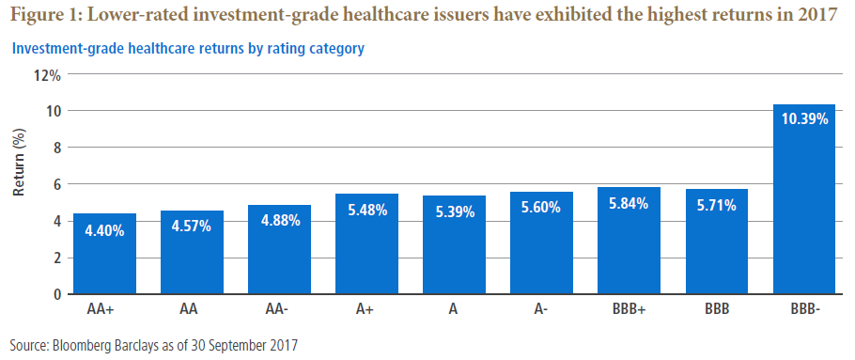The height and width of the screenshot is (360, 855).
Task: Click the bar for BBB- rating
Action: (804, 199)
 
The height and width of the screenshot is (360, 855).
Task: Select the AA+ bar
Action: (104, 254)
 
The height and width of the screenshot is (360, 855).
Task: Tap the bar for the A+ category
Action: (367, 244)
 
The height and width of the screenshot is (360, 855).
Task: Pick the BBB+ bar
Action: (630, 241)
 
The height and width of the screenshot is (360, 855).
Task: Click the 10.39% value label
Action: (804, 118)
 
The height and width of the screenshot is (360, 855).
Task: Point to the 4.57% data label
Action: (192, 227)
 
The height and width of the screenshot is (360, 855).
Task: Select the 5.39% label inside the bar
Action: (454, 212)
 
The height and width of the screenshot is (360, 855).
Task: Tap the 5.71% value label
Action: (717, 206)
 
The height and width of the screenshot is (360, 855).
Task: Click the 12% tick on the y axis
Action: (48, 74)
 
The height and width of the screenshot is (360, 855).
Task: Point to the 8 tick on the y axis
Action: (56, 148)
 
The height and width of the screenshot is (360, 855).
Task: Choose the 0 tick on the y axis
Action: (56, 294)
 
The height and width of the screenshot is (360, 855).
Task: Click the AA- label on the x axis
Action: (279, 309)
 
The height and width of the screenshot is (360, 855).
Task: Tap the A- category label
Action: (541, 309)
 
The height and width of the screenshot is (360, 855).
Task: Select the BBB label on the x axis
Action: (717, 309)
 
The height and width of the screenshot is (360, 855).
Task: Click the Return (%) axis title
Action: (19, 164)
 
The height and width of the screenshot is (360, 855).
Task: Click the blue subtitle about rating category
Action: (188, 49)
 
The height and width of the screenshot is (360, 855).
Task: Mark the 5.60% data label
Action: (541, 208)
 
